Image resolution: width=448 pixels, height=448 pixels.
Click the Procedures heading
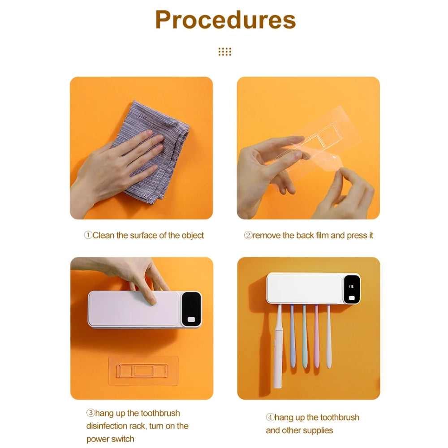click(225, 20)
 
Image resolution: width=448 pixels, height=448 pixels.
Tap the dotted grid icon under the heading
click(225, 52)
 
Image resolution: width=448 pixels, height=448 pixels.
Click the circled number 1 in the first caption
click(88, 235)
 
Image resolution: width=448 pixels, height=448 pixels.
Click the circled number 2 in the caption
click(248, 235)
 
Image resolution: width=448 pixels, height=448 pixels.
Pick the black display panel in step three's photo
click(191, 309)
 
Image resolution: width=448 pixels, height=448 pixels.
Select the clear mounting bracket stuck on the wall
click(143, 370)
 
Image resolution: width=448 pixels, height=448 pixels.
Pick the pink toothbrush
click(317, 336)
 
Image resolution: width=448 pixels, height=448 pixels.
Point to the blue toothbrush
click(293, 336)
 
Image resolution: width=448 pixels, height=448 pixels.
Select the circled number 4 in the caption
click(270, 417)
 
